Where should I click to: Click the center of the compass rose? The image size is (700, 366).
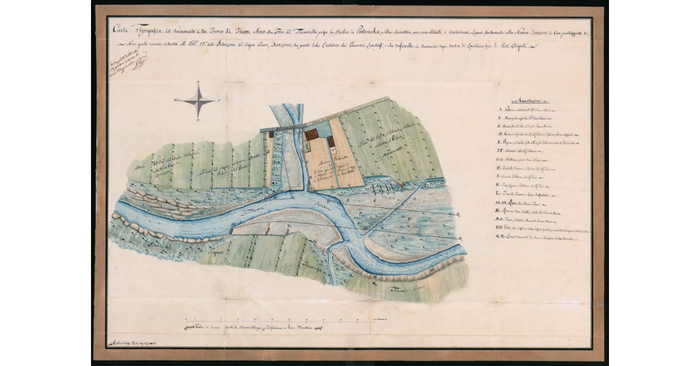pyautogui.click(x=199, y=101)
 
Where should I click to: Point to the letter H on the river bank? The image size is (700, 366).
pyautogui.click(x=234, y=224)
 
